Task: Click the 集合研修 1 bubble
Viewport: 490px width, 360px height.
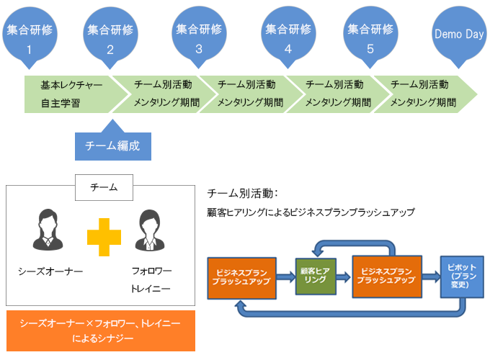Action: click(x=30, y=36)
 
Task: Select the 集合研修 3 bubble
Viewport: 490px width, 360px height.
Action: click(x=199, y=35)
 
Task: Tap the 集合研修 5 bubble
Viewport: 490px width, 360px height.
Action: click(x=370, y=35)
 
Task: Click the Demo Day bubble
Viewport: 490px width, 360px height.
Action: click(x=459, y=35)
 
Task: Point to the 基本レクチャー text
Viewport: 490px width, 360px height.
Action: click(x=71, y=85)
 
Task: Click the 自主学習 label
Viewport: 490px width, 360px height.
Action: click(x=61, y=103)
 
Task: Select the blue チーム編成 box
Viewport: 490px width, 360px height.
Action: click(x=113, y=146)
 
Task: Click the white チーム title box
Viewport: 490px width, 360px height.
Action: click(x=104, y=187)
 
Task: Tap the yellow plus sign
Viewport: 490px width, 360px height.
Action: click(x=104, y=237)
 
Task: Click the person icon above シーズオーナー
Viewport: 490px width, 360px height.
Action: click(x=48, y=230)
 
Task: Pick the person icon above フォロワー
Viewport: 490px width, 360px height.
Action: click(x=150, y=230)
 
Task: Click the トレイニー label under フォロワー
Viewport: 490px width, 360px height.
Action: click(x=151, y=289)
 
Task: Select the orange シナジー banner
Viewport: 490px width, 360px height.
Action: click(x=101, y=330)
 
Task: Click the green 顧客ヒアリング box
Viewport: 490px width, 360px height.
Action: click(x=316, y=276)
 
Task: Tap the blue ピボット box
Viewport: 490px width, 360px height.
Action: click(x=462, y=276)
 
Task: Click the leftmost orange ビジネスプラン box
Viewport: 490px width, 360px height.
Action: click(x=241, y=278)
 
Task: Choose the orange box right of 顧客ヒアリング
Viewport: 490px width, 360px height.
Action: click(x=387, y=276)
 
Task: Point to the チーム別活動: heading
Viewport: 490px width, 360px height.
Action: click(x=243, y=194)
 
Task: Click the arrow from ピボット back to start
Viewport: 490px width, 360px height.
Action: click(x=350, y=313)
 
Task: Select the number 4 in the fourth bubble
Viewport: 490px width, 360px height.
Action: click(x=288, y=49)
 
